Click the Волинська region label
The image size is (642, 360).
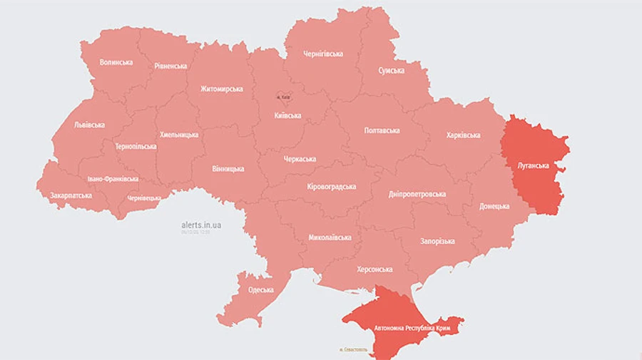(116, 62)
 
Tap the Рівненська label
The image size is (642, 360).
(170, 66)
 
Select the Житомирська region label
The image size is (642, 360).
(221, 89)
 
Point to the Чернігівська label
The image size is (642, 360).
(323, 53)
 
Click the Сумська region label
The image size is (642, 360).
(391, 71)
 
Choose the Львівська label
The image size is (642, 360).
(89, 125)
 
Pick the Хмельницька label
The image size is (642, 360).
(179, 134)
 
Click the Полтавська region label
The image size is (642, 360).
(382, 130)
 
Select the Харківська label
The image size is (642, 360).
(463, 135)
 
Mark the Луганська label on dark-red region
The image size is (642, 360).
(533, 165)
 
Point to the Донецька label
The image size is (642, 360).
(494, 206)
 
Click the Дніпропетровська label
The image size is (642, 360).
(417, 194)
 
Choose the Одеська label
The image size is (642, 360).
(261, 289)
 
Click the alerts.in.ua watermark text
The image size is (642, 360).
(201, 225)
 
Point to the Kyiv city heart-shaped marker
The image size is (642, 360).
(284, 97)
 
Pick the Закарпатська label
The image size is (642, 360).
(70, 195)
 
